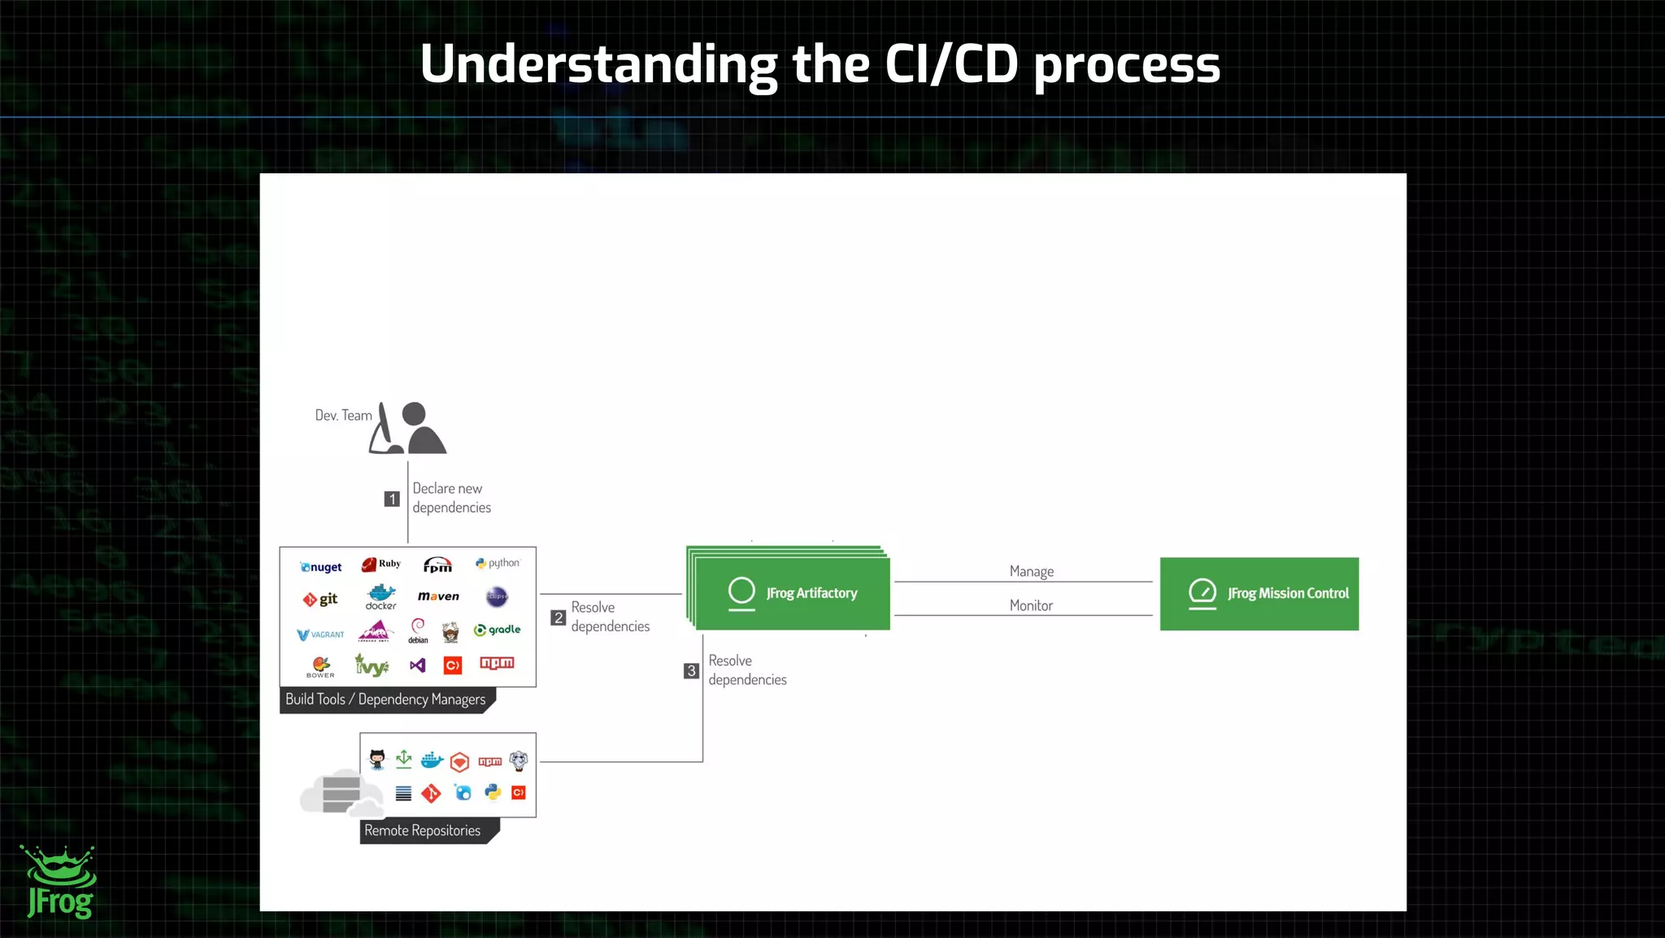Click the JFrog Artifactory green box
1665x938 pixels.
tap(792, 593)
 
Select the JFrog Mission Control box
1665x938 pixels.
tap(1259, 594)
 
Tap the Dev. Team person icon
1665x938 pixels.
tap(409, 429)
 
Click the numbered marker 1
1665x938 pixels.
tap(392, 499)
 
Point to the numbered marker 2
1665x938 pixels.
tap(558, 617)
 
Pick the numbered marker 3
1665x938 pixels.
tap(691, 670)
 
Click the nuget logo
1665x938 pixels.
tap(321, 567)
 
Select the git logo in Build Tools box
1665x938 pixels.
tap(320, 600)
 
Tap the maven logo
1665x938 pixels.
tap(438, 596)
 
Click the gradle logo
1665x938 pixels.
tap(497, 630)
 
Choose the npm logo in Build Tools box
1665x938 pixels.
tap(497, 663)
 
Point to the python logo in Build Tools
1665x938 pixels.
tap(498, 563)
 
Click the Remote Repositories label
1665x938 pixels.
tap(423, 831)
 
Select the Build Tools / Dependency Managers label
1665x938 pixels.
tap(385, 700)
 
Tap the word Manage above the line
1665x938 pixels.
tap(1031, 571)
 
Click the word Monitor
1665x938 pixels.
tap(1031, 605)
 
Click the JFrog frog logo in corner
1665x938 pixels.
tap(59, 883)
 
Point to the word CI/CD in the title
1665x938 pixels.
tap(950, 64)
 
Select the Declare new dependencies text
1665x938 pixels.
tap(451, 498)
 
